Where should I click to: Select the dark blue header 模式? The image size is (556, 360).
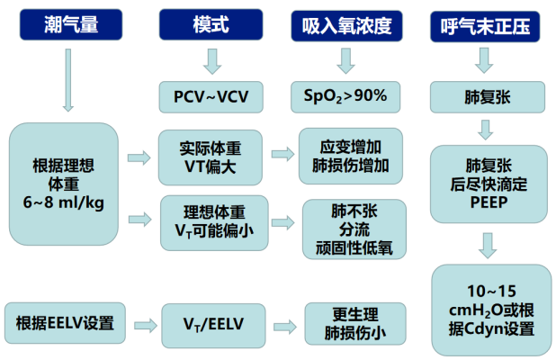[x=211, y=24]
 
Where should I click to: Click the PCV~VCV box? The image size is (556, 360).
[x=211, y=95]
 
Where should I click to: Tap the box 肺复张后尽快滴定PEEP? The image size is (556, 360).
[x=486, y=184]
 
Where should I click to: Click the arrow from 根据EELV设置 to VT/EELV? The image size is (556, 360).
[x=139, y=322]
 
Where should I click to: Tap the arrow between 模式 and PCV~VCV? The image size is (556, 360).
[x=211, y=62]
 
